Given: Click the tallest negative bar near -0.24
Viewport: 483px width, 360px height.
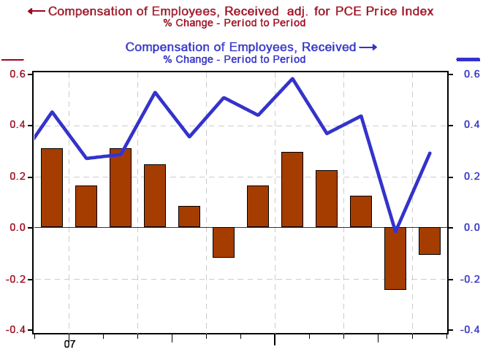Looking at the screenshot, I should coord(395,258).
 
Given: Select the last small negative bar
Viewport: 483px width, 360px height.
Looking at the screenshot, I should coord(429,241).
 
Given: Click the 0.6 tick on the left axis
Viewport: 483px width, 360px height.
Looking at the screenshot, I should coord(18,74).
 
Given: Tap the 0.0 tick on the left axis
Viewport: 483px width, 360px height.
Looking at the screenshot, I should coord(18,228).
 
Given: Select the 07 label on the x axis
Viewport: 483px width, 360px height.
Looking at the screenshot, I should coord(70,343).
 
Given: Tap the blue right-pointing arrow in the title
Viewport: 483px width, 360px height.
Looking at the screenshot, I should coord(368,47).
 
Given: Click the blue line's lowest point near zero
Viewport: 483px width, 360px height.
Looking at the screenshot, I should coord(395,231).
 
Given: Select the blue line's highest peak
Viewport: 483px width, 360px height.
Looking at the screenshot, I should coord(292,79).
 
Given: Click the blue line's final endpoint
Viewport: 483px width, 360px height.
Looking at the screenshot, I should coord(430,153).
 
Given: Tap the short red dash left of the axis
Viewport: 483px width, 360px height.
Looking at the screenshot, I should coord(13,59).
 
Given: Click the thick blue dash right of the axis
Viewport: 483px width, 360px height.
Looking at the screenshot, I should coord(468,59).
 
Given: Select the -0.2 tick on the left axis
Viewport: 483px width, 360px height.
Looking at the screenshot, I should coord(17,279).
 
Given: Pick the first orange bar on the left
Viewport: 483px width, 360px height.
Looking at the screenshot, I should coord(52,188).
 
